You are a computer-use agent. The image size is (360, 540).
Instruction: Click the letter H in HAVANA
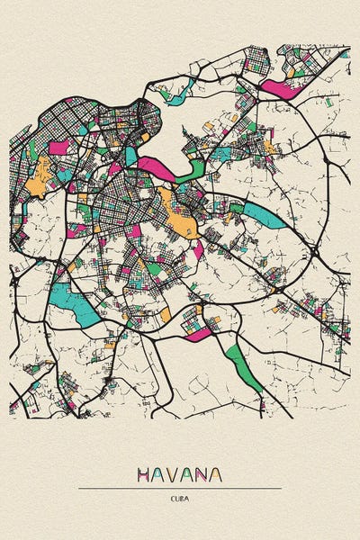click(x=144, y=474)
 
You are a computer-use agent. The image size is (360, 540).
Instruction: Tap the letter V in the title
click(x=173, y=474)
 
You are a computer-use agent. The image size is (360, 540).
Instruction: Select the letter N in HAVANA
click(x=202, y=474)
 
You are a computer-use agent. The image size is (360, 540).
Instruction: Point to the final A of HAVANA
click(x=216, y=474)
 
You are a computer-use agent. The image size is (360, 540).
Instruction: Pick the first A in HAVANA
click(x=158, y=474)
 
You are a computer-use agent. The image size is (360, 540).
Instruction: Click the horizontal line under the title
click(x=180, y=488)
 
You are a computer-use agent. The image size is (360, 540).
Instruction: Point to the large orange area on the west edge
click(x=38, y=185)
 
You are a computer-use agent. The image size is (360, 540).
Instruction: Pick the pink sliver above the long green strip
click(x=200, y=335)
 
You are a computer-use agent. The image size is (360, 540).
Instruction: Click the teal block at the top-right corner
click(x=344, y=54)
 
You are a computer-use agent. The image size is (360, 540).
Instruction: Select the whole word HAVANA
click(x=180, y=474)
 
